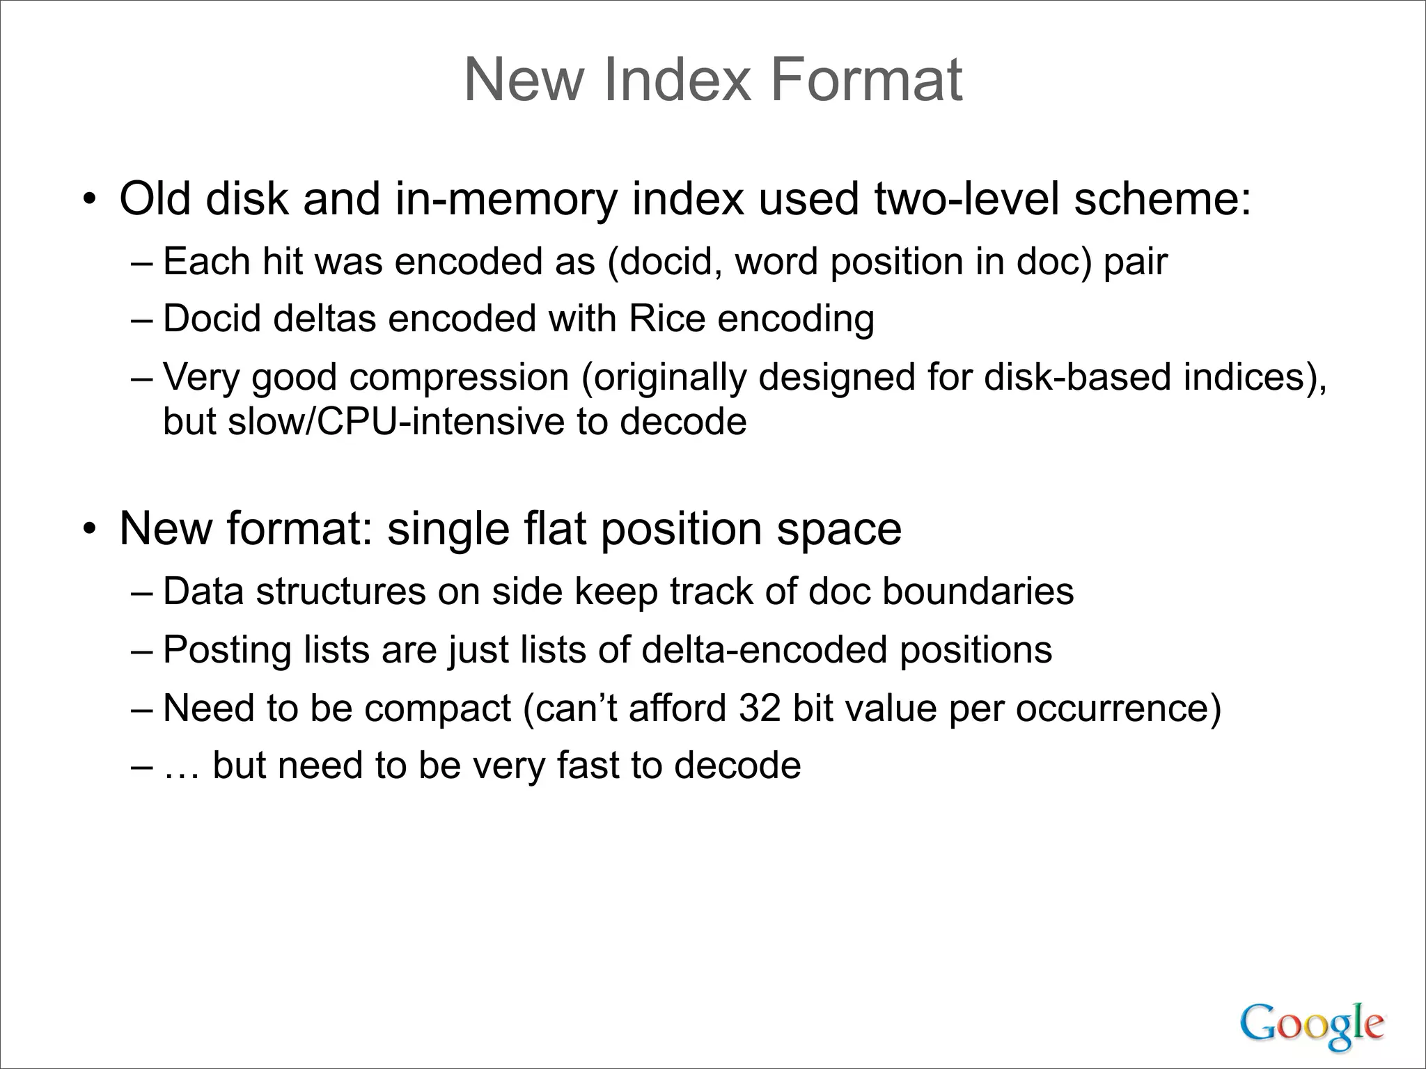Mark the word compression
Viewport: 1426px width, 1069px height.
pyautogui.click(x=459, y=377)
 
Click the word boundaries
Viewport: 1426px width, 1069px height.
pyautogui.click(x=978, y=592)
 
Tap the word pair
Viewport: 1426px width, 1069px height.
pyautogui.click(x=1134, y=262)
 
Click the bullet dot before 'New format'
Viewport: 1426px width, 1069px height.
pyautogui.click(x=88, y=530)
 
